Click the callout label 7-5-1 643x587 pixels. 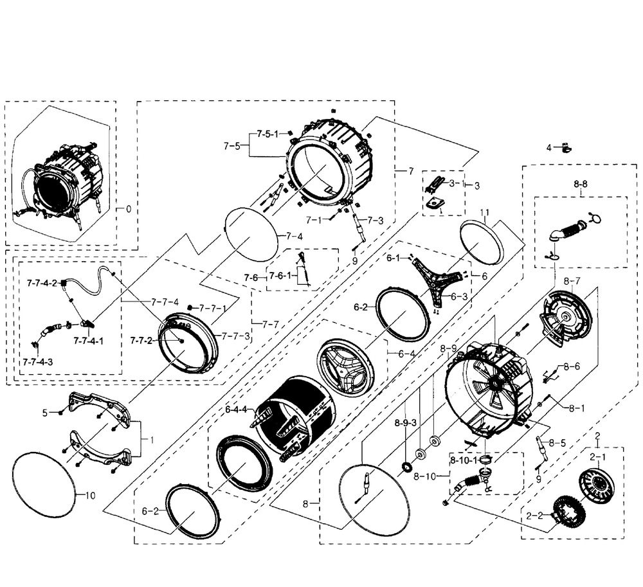267,134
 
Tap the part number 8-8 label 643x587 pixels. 580,184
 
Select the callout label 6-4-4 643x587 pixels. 236,409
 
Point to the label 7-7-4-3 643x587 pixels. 38,362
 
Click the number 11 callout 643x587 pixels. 485,212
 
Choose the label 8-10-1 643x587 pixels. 464,460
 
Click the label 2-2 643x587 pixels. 534,516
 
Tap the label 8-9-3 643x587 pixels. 406,423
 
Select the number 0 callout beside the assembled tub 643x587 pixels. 129,209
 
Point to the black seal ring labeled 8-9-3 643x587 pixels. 408,467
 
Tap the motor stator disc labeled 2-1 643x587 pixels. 597,488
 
